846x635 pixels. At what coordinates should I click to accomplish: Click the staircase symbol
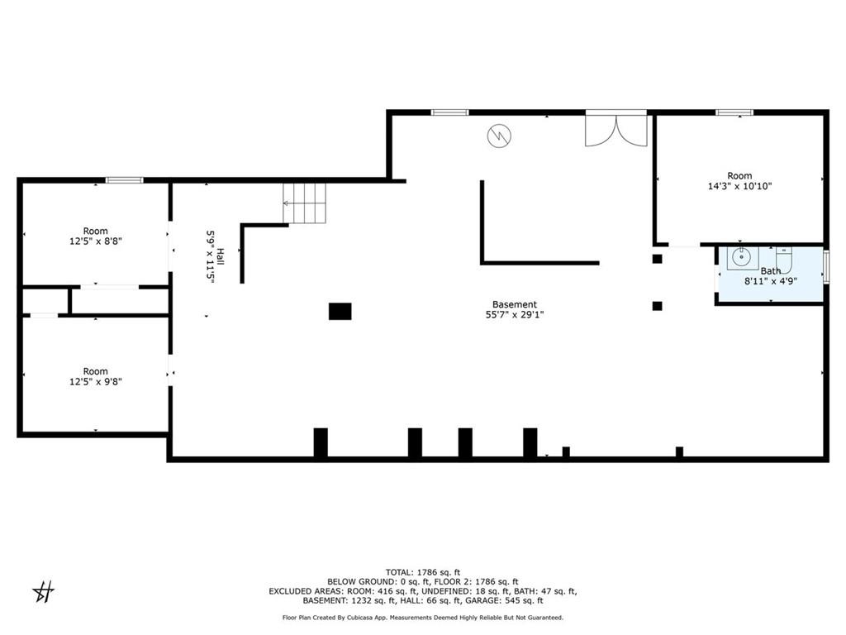[305, 203]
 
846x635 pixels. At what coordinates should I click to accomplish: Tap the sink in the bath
[743, 258]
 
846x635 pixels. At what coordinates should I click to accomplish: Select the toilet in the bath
[783, 259]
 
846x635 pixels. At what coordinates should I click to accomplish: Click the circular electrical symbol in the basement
[499, 136]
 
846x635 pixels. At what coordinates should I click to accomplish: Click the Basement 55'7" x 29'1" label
[515, 309]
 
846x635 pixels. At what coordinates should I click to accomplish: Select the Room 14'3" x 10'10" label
[739, 181]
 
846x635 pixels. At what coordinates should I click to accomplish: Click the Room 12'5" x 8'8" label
[96, 236]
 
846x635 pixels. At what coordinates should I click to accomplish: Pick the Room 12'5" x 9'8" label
[96, 376]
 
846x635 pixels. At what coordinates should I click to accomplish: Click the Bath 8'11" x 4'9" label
[771, 276]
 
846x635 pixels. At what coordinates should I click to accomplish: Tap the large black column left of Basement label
[340, 312]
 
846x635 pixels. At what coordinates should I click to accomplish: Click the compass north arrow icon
[44, 592]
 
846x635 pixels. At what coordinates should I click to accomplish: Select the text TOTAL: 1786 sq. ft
[423, 572]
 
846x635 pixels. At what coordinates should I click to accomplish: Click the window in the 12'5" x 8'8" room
[124, 180]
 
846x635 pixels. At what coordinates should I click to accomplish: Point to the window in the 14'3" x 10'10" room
[734, 112]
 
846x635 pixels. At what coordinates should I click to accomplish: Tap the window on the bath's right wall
[826, 265]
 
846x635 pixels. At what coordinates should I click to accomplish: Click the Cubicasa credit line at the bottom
[423, 617]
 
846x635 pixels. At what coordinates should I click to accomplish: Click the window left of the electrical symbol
[450, 112]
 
